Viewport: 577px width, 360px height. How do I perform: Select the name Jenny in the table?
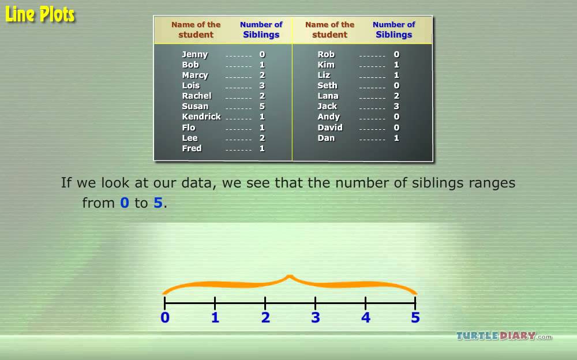pos(194,54)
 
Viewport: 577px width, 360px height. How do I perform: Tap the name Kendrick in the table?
pos(201,117)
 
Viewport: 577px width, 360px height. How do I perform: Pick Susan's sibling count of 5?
pos(262,106)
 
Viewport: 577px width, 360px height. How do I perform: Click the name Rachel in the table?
pos(197,96)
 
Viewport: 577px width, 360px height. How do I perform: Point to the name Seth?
pos(327,85)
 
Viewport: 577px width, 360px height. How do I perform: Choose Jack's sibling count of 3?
pos(396,106)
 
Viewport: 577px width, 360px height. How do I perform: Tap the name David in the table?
pos(330,127)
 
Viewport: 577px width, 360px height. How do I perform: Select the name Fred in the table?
pos(192,148)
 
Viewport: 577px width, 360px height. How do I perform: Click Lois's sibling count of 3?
pos(262,85)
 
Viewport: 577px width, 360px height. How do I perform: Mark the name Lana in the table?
pos(328,96)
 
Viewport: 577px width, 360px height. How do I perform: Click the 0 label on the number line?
pos(165,317)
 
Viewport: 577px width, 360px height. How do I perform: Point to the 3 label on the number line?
pos(316,317)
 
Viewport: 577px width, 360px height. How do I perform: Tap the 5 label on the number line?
pos(415,317)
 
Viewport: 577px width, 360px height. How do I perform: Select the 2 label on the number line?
pos(265,317)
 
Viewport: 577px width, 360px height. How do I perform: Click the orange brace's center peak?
pos(290,277)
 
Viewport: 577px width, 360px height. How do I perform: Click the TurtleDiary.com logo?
pos(504,336)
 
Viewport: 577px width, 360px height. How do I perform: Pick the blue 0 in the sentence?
pos(125,203)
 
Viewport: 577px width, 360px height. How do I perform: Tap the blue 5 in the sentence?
pos(158,203)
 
